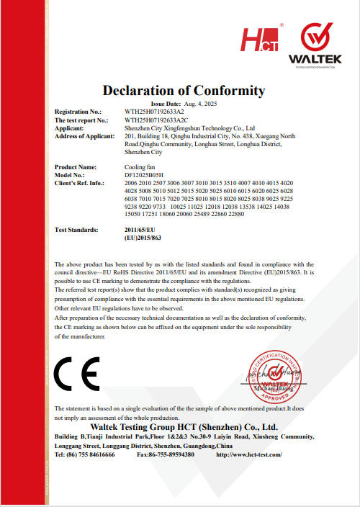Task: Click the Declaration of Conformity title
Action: coord(184,91)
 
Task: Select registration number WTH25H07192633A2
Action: coord(154,112)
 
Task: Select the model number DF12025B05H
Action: coord(144,175)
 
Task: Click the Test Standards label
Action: coord(77,229)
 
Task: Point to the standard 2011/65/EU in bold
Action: coord(140,229)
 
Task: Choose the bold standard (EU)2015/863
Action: coord(142,237)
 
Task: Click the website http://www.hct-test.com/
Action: coord(248,454)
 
